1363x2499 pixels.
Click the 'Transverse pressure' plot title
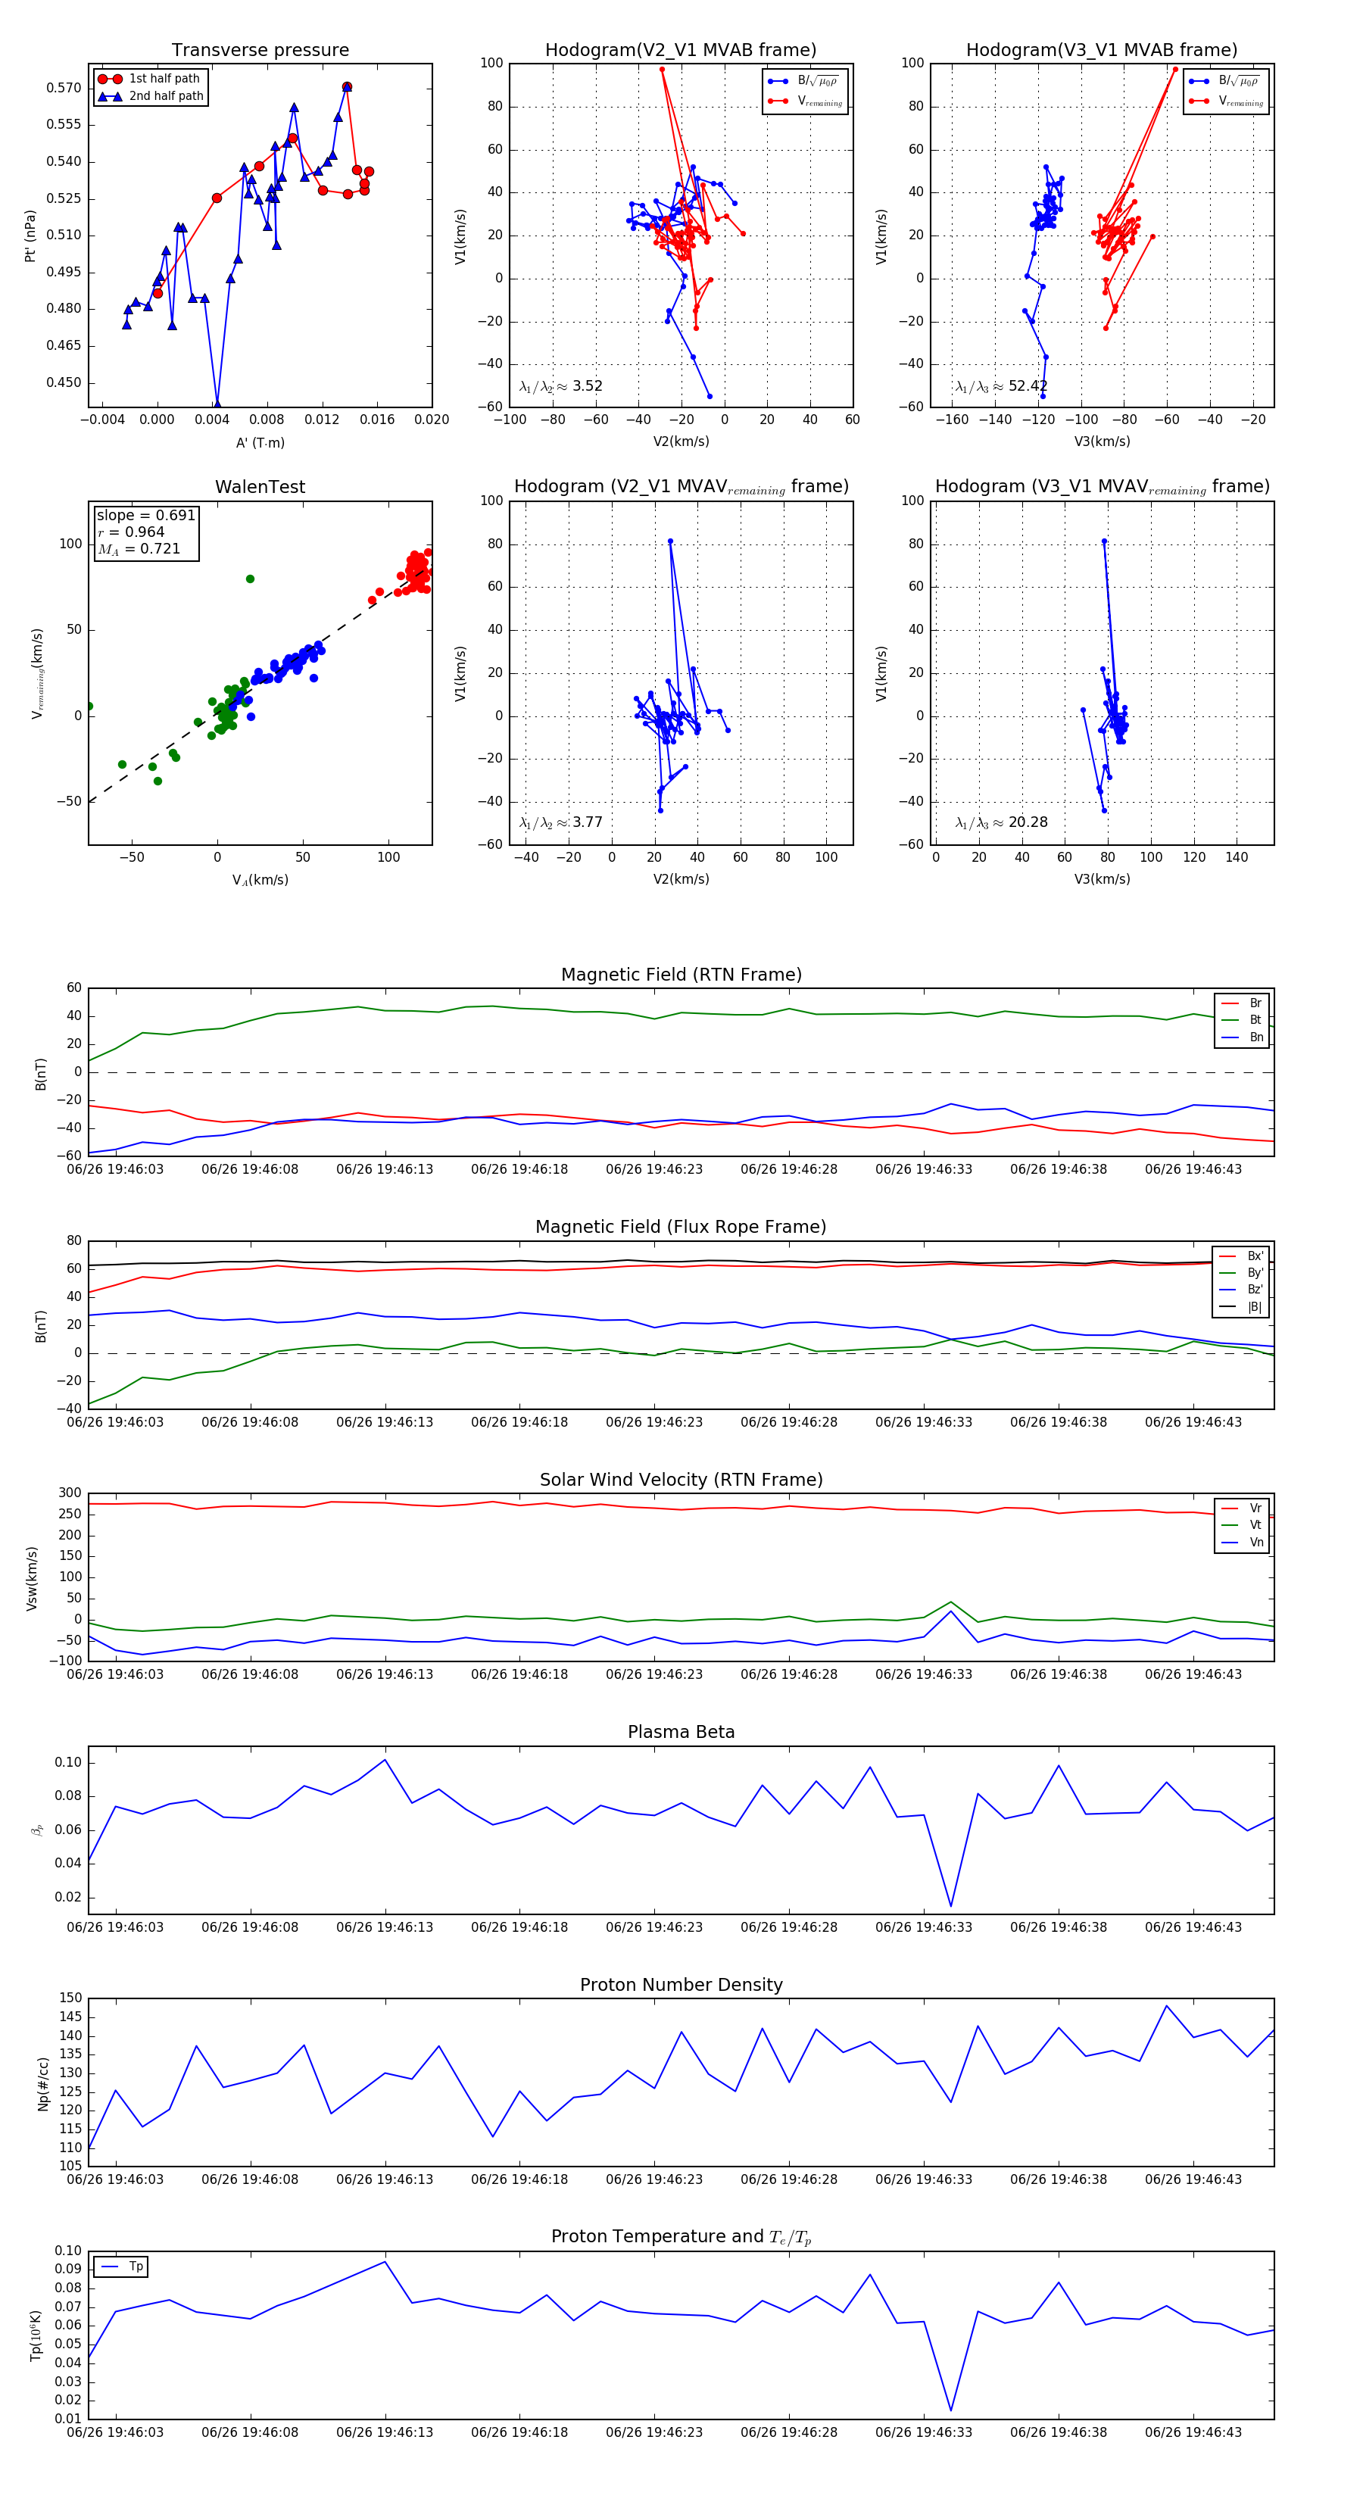tap(260, 51)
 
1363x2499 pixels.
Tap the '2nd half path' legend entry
tap(166, 96)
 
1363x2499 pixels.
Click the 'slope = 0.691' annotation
tap(145, 515)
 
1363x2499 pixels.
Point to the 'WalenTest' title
tap(260, 487)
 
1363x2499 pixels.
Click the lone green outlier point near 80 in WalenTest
tap(251, 579)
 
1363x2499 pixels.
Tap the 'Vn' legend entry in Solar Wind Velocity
tap(1255, 1543)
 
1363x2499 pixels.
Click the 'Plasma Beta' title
tap(681, 1733)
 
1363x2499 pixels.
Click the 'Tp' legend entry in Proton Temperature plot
tap(136, 2267)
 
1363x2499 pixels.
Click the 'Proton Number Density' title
tap(681, 1985)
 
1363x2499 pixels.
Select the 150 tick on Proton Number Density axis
tap(72, 1998)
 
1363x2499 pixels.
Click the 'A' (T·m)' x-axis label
tap(260, 443)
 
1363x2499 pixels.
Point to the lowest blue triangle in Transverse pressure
tap(217, 404)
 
